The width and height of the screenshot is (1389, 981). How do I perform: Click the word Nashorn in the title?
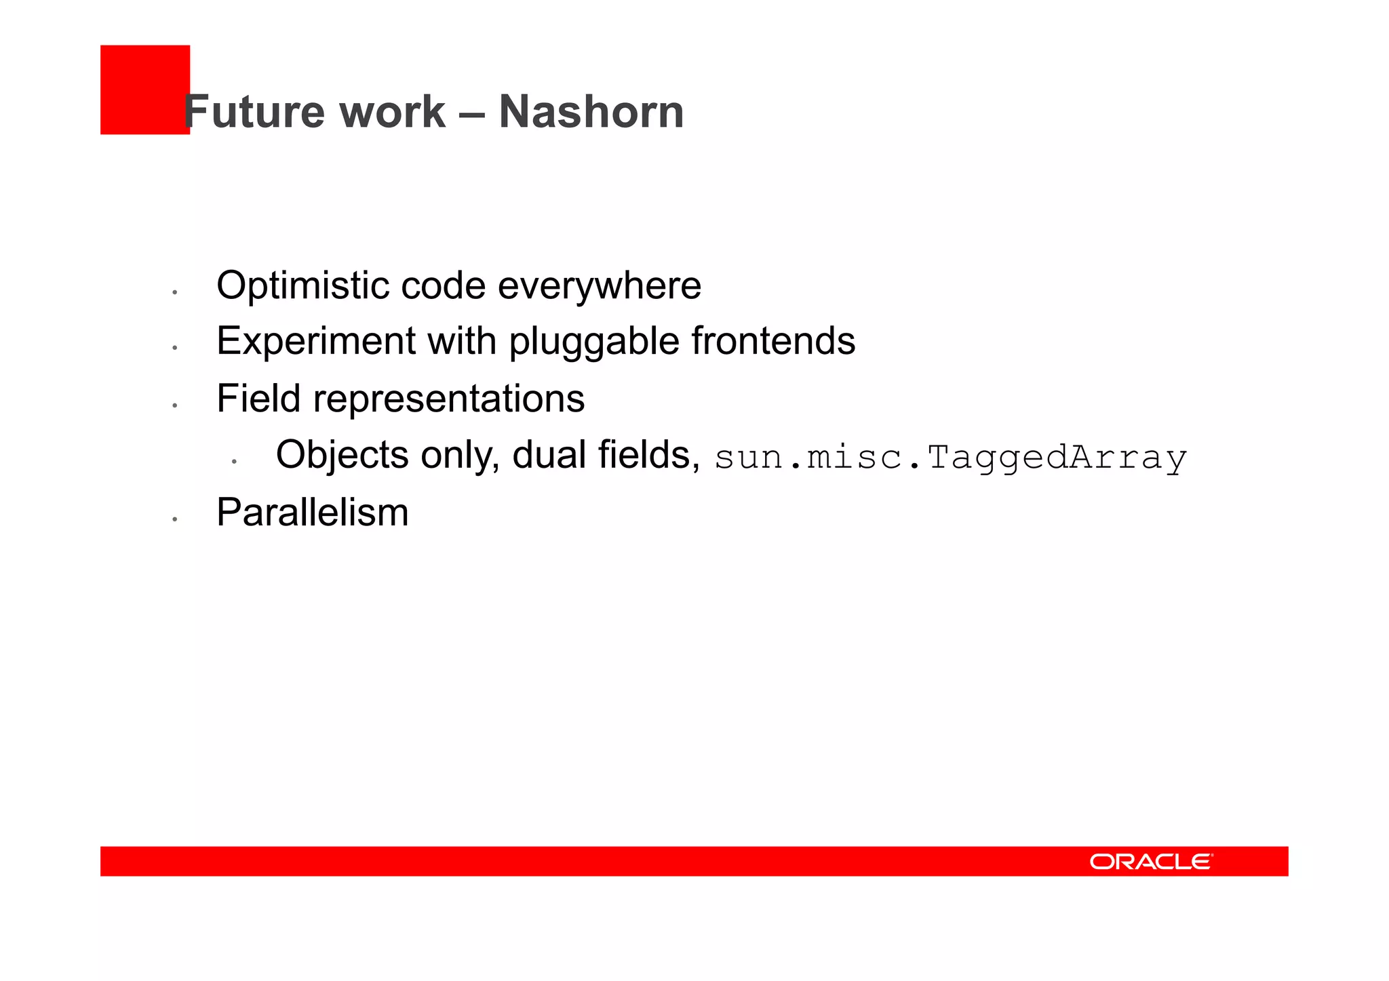click(x=591, y=112)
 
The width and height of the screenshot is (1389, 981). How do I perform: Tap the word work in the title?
click(x=392, y=112)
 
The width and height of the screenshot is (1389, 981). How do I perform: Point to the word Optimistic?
click(x=302, y=285)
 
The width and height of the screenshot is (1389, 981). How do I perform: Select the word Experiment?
click(x=315, y=341)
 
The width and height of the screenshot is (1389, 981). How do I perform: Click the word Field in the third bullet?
click(x=258, y=398)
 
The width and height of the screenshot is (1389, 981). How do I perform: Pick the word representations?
click(x=448, y=399)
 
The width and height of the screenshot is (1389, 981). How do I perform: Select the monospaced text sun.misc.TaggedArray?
click(x=950, y=458)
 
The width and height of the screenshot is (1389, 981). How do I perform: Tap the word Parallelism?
click(x=312, y=512)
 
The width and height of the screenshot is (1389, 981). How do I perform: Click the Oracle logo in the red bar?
click(x=1151, y=862)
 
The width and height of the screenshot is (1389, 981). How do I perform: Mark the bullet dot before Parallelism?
click(x=175, y=519)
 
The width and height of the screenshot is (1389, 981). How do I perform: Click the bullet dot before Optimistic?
click(x=175, y=292)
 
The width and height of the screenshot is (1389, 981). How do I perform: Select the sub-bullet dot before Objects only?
click(x=234, y=462)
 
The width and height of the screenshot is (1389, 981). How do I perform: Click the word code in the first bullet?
click(x=443, y=285)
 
